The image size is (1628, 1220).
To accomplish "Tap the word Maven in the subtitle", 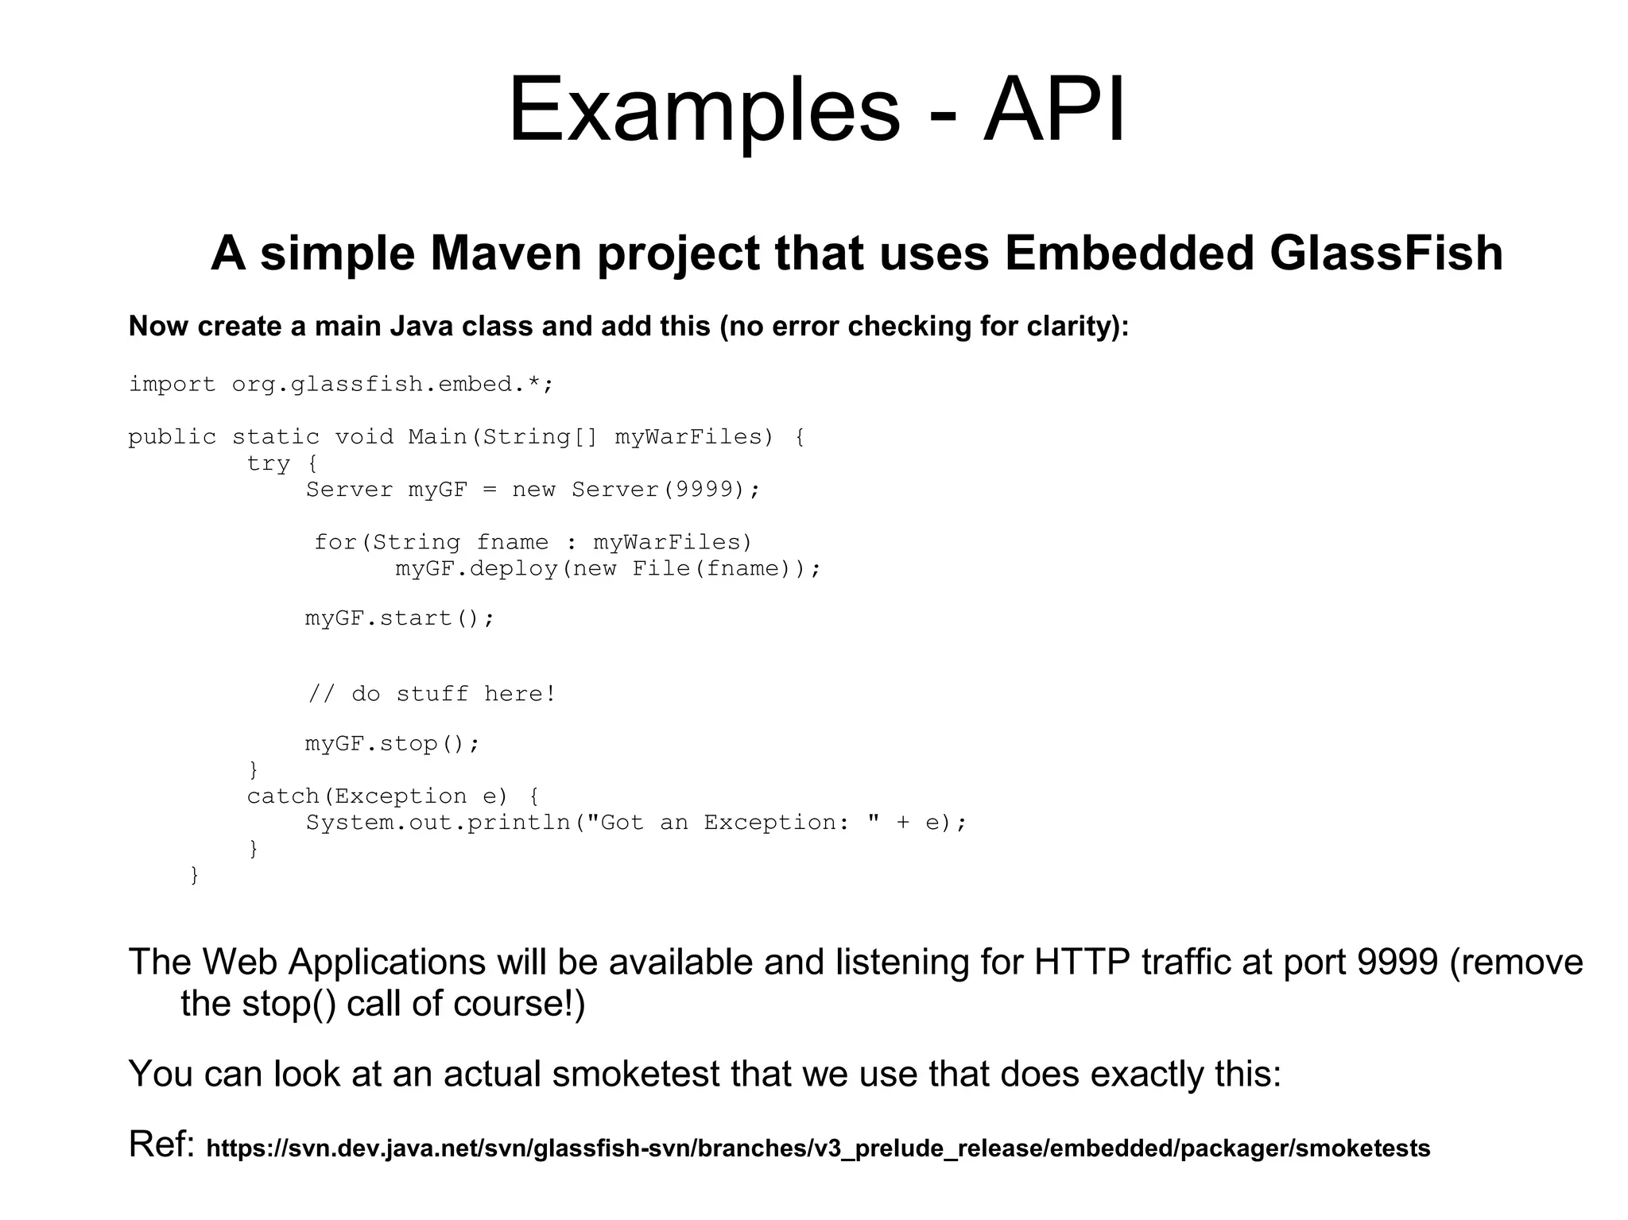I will click(502, 254).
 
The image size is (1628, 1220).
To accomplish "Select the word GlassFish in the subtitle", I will click(1386, 254).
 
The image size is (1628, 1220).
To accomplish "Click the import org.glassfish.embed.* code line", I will click(340, 385).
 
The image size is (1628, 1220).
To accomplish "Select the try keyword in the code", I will click(269, 463).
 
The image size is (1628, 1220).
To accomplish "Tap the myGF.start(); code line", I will click(400, 618).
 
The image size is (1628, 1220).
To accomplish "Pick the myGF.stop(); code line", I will click(393, 744).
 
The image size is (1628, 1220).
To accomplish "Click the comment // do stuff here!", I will click(432, 694).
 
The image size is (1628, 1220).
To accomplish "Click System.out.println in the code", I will click(439, 823).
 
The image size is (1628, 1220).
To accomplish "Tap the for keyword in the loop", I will click(334, 543).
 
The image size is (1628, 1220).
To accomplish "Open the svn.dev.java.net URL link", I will click(818, 1148).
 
